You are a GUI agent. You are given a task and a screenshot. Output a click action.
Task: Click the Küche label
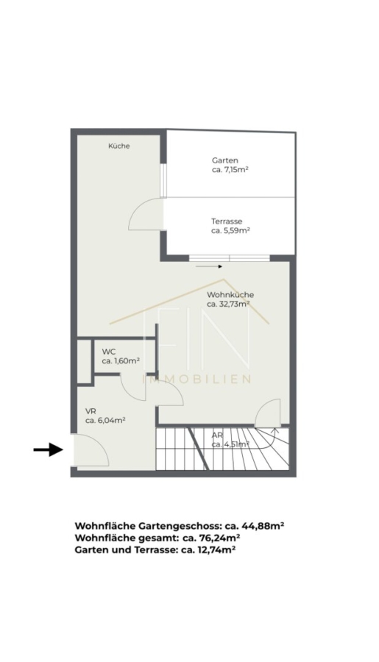pyautogui.click(x=118, y=146)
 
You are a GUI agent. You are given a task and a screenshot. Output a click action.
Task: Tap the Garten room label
pyautogui.click(x=225, y=160)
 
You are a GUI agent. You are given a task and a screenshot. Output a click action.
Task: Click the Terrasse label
pyautogui.click(x=227, y=221)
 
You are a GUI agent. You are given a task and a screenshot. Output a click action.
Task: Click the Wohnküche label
pyautogui.click(x=230, y=295)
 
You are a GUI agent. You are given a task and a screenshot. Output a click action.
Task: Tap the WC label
pyautogui.click(x=109, y=352)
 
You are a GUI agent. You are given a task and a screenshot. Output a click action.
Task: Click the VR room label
pyautogui.click(x=90, y=410)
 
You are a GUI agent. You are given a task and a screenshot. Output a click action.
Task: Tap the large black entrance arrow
pyautogui.click(x=49, y=449)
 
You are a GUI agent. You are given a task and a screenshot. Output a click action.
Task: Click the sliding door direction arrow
pyautogui.click(x=209, y=266)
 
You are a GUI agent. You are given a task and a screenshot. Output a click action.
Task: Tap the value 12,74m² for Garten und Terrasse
pyautogui.click(x=214, y=549)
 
